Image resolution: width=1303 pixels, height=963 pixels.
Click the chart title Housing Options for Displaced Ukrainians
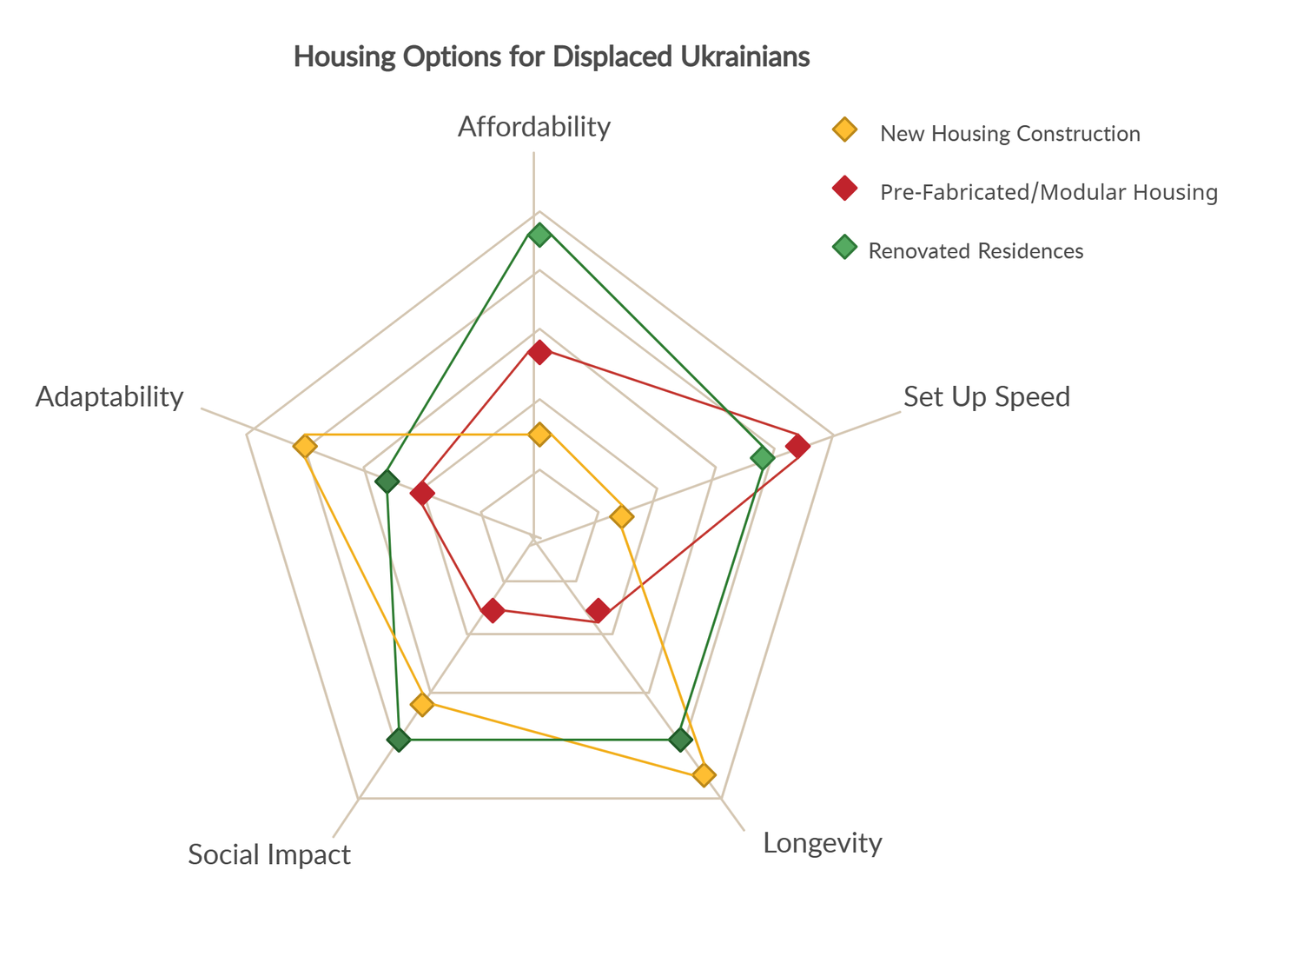(x=552, y=56)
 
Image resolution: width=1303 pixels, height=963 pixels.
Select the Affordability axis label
(x=534, y=127)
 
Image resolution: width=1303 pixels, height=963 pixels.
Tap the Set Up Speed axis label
(x=987, y=397)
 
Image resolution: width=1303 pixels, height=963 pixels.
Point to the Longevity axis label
(x=823, y=843)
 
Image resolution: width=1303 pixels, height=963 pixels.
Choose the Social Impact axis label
(x=269, y=855)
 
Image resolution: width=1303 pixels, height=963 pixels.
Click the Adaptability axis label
(x=109, y=397)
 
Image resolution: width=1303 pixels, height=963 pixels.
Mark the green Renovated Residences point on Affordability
(x=539, y=235)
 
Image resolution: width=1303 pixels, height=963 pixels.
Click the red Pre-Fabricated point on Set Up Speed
(x=797, y=447)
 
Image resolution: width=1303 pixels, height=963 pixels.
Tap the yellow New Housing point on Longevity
(x=704, y=774)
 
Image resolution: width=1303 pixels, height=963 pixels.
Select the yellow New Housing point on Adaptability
(x=305, y=447)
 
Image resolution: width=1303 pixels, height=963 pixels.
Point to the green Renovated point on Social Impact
(x=399, y=740)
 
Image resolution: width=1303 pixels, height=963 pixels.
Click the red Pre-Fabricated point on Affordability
(x=539, y=352)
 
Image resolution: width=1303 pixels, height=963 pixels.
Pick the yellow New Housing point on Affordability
(x=539, y=434)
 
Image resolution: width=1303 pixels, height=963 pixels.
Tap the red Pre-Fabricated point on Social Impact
(x=493, y=610)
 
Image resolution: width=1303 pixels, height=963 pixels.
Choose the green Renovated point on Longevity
(x=681, y=740)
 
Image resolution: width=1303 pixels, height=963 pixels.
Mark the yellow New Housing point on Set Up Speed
(x=622, y=517)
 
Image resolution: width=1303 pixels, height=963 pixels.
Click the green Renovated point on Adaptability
(x=387, y=481)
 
